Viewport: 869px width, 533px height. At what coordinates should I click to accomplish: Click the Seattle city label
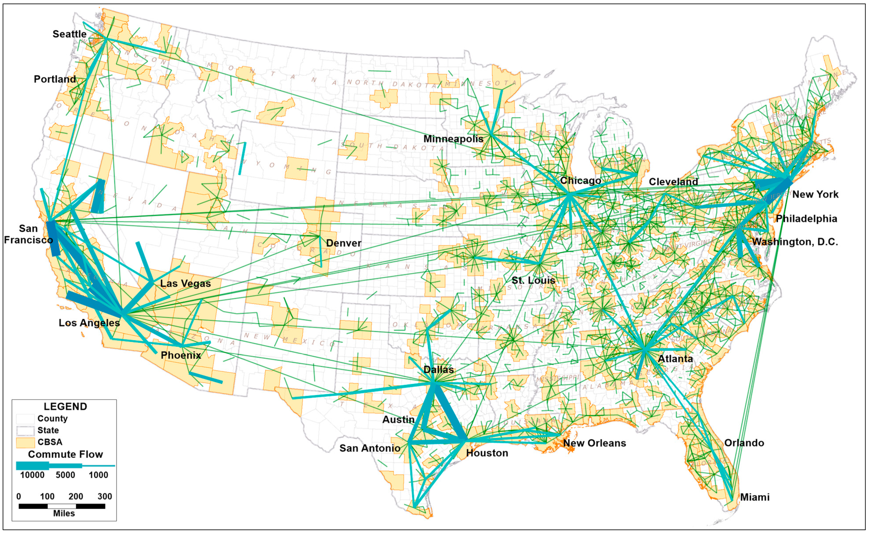69,34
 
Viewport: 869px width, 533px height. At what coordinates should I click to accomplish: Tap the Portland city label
55,79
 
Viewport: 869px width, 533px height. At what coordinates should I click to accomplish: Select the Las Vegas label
185,283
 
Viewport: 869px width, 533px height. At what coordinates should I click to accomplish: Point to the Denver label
344,243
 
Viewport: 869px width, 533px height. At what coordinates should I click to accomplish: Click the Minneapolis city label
453,139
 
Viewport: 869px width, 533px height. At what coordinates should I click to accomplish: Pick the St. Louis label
533,280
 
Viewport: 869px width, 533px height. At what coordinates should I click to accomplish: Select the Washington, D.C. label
795,242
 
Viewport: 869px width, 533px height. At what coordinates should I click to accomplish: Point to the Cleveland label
673,182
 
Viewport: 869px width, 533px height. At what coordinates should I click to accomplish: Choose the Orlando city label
744,443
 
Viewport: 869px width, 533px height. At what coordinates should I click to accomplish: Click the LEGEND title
65,406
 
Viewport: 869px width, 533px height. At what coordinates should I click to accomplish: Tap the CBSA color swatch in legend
25,442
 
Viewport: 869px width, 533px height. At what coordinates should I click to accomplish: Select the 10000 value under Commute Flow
32,475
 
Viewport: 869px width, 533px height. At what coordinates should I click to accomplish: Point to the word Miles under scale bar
64,514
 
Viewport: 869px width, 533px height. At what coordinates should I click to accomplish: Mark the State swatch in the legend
25,430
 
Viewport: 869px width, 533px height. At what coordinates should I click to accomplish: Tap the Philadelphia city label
806,219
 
